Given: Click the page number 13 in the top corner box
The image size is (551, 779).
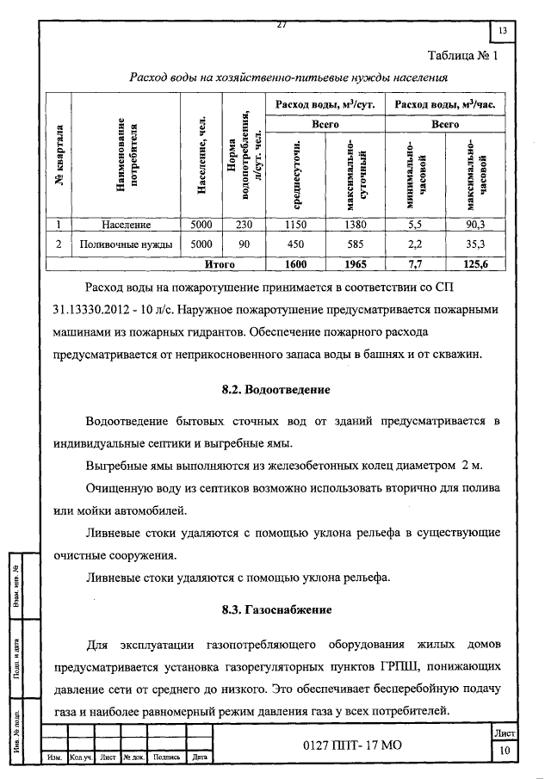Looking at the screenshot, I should (503, 32).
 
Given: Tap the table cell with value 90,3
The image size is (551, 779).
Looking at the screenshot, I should (474, 225).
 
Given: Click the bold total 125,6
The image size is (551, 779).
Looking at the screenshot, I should (474, 264).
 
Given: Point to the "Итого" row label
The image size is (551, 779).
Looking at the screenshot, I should (219, 264).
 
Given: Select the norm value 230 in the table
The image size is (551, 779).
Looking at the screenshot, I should (244, 225).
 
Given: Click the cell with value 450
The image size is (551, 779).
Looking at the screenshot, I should (295, 244).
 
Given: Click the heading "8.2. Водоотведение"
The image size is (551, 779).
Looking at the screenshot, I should (275, 390).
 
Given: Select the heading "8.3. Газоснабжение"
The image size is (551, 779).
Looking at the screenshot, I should (275, 610).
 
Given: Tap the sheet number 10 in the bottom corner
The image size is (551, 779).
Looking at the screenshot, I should (504, 751).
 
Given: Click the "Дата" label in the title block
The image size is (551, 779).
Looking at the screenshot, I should (199, 757).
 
